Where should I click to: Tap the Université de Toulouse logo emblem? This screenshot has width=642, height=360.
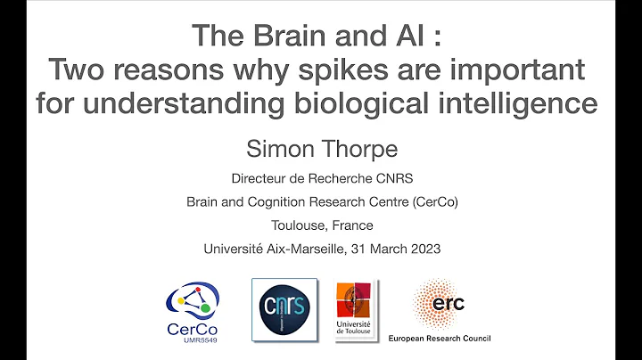(x=354, y=301)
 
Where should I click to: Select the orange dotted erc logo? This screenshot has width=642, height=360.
(x=439, y=303)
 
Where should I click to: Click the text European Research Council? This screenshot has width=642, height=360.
(x=439, y=339)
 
